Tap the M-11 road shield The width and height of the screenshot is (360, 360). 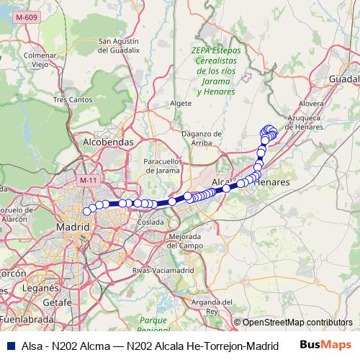click(88, 180)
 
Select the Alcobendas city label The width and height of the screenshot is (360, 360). click(109, 143)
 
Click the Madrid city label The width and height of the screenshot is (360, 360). click(72, 228)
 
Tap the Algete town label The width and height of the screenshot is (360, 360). click(180, 103)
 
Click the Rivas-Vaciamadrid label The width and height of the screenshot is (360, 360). click(164, 270)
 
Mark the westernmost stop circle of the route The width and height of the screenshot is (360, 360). click(87, 211)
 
